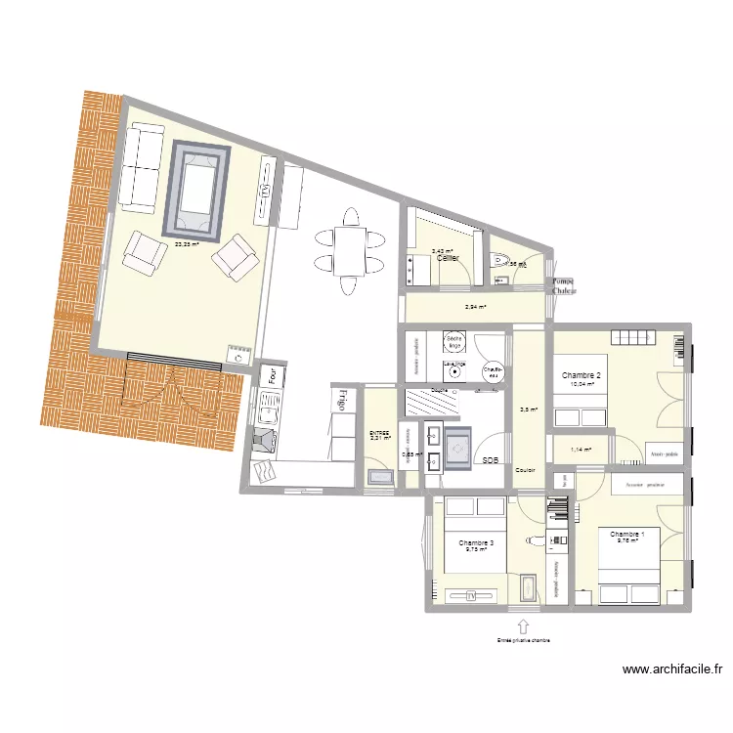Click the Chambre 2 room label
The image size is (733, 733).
pos(582,375)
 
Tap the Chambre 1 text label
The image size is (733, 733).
pos(626,535)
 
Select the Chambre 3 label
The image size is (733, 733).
pos(476,542)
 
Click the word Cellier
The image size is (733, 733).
pos(448,258)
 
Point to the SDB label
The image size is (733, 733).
pos(490,460)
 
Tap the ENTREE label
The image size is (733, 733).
pos(379,433)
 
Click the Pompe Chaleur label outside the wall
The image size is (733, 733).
pos(564,285)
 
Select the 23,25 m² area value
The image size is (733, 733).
pos(187,245)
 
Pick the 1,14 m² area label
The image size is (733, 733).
pos(582,450)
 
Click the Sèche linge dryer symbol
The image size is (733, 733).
pos(453,342)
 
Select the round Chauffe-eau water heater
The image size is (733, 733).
pos(494,371)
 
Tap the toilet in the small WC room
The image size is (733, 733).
pos(501,260)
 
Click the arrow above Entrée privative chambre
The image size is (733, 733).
pos(522,625)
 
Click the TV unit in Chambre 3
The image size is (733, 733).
pos(470,593)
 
